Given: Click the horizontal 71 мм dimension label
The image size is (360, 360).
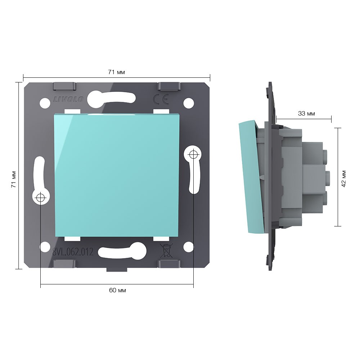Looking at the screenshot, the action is (x=116, y=72).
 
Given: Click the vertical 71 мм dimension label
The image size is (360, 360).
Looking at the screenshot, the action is (x=14, y=179).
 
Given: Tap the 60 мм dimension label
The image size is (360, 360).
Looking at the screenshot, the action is (x=117, y=290).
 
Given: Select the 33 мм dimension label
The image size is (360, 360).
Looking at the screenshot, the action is (x=306, y=113).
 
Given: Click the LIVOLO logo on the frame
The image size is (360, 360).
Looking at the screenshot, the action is (x=68, y=99).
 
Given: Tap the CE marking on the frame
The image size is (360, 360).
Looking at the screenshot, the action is (x=161, y=99).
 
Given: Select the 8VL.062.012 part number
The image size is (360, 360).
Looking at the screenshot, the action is (x=73, y=252).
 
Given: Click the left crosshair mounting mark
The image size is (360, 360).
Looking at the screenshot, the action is (x=40, y=197).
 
